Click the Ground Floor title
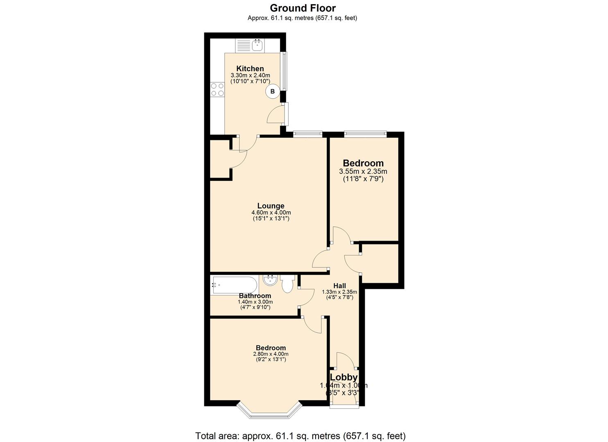click(x=303, y=8)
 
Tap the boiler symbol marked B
click(x=273, y=92)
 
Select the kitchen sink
click(x=257, y=45)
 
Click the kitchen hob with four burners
click(x=217, y=90)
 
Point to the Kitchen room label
click(x=250, y=68)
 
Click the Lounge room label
click(x=271, y=206)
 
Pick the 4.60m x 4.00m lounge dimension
click(x=271, y=213)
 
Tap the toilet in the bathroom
click(x=287, y=283)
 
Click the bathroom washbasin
click(x=270, y=280)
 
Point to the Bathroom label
click(x=255, y=295)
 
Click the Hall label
click(x=339, y=286)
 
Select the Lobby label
click(x=344, y=377)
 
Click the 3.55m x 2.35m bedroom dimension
click(x=363, y=171)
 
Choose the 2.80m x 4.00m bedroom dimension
click(x=271, y=354)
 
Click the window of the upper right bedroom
click(x=365, y=133)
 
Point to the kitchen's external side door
click(x=286, y=114)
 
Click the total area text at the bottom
click(x=301, y=436)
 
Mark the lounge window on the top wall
click(x=307, y=133)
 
